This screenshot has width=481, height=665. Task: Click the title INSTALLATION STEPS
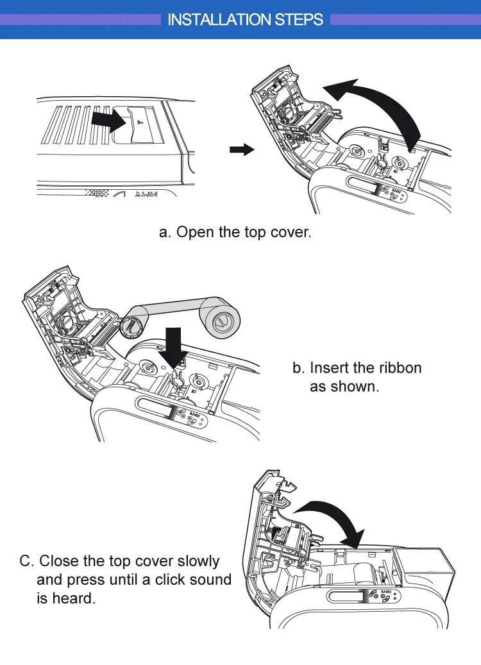[245, 19]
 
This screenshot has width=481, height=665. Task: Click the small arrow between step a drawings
[242, 149]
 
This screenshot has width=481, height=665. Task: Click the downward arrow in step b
[174, 348]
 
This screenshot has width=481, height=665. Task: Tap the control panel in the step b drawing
[190, 418]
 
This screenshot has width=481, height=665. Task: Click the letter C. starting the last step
[26, 561]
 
